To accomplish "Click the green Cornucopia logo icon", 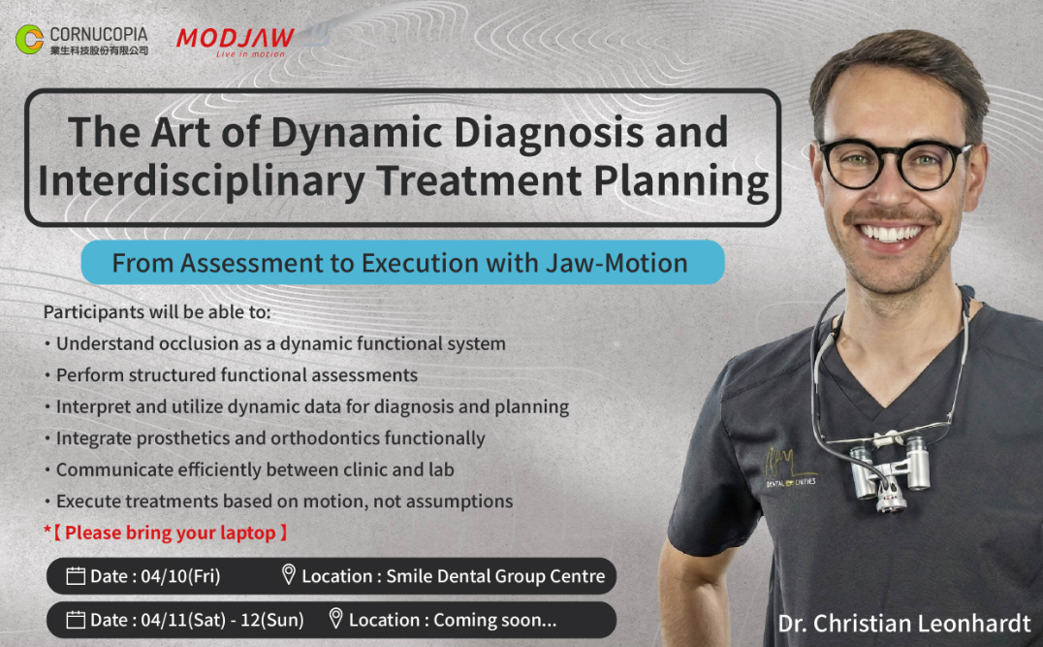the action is [29, 39].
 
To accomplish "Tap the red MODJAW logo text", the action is [236, 38].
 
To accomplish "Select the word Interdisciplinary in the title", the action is [202, 181].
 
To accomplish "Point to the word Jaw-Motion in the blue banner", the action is [616, 263].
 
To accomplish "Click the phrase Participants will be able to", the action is [157, 312].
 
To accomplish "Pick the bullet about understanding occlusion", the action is [274, 343].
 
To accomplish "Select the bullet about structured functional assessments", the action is [231, 374].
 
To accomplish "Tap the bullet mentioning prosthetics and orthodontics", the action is [265, 438].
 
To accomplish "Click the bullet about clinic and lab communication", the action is [249, 469].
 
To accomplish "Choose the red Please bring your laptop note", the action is [166, 533].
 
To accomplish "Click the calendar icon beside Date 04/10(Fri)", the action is [76, 576].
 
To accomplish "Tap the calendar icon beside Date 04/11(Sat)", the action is [76, 620].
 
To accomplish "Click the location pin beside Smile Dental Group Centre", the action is [288, 574].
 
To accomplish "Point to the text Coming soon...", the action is [495, 620].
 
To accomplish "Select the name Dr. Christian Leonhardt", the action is [904, 624].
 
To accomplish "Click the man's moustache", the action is [892, 215].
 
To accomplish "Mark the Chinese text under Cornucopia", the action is [100, 50].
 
